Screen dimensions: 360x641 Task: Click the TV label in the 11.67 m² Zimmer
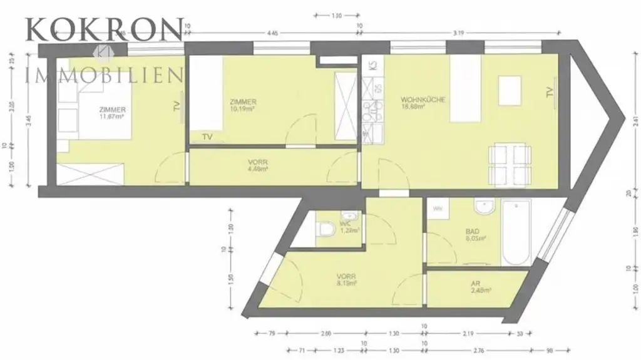177,106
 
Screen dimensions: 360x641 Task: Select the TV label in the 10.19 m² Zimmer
207,136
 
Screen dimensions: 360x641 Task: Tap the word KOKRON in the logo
104,29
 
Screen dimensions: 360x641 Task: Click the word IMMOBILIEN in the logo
104,76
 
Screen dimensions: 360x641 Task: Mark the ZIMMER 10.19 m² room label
243,106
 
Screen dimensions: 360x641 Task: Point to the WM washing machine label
438,208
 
